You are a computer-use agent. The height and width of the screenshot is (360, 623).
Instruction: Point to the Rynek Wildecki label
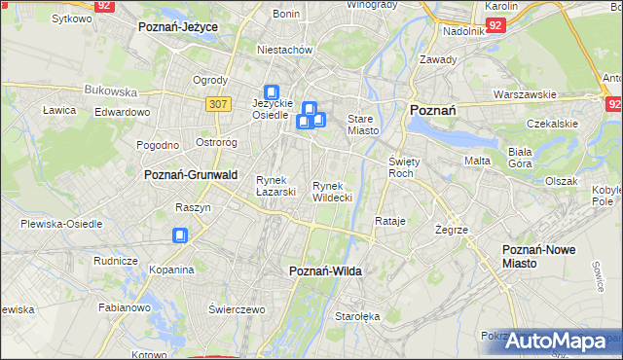(331, 192)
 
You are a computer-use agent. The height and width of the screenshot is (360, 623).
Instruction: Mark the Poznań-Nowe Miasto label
(538, 257)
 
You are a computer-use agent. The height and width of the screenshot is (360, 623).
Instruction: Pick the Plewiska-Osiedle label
(61, 224)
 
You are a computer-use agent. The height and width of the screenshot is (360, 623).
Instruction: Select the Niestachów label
(283, 49)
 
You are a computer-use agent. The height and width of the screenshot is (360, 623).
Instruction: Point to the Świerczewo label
(237, 308)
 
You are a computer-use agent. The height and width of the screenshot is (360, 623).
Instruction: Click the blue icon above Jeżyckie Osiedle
(272, 92)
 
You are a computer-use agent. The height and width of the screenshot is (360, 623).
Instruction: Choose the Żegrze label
(453, 230)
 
